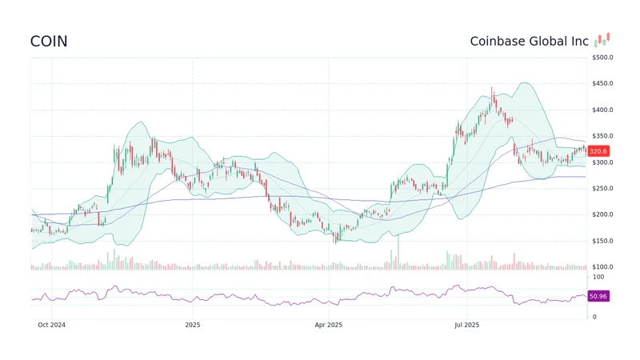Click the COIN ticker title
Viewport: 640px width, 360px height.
coord(49,42)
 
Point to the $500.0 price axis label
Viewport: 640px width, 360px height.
coord(602,58)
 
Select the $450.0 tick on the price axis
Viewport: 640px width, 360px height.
coord(602,84)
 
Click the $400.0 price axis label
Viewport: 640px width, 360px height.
coord(602,110)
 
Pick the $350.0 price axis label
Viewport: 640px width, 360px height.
coord(602,137)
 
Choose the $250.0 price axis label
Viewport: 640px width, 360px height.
coord(602,189)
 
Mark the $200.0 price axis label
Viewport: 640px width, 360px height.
coord(602,215)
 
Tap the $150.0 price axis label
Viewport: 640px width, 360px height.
coord(602,242)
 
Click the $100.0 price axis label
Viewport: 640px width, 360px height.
coord(602,267)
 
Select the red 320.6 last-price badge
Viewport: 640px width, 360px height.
coord(598,151)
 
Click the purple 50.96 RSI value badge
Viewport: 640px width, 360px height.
coord(598,296)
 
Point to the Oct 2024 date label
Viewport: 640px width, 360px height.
coord(52,325)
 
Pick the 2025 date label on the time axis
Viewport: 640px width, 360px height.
coord(193,325)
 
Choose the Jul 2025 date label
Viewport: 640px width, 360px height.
coord(466,325)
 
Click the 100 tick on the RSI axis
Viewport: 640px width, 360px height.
coord(598,277)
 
